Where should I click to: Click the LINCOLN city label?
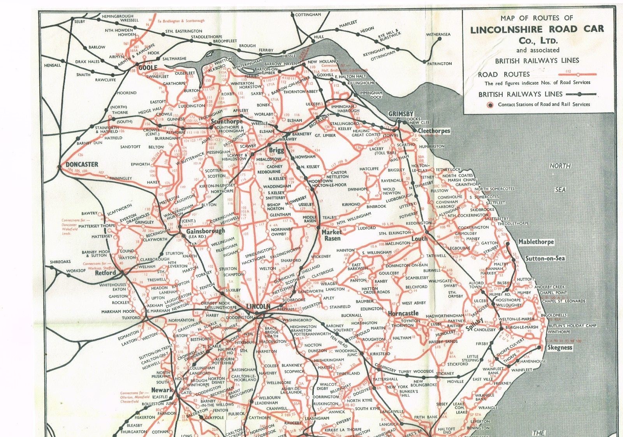(258, 307)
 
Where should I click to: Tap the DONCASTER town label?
(82, 164)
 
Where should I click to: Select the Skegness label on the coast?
(560, 348)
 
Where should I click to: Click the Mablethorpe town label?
(536, 242)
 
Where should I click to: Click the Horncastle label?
(403, 313)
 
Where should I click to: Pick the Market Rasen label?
(331, 235)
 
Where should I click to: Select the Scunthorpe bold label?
(227, 121)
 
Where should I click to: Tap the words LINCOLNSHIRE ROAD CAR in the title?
(537, 30)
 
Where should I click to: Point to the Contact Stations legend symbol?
(490, 105)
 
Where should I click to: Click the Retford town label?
(106, 273)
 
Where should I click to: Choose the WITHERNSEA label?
(438, 35)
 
